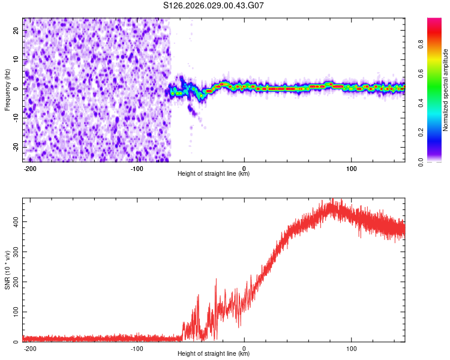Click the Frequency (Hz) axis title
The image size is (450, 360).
click(x=8, y=89)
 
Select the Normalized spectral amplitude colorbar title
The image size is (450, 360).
click(x=446, y=90)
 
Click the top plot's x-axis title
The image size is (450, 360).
click(x=214, y=174)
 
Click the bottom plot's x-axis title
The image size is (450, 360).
click(x=214, y=354)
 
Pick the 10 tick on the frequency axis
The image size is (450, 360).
click(x=16, y=59)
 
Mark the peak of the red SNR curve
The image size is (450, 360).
click(x=332, y=200)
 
